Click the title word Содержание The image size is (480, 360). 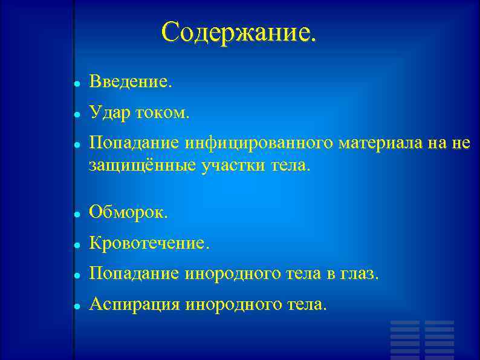tap(238, 33)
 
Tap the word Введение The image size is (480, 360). tap(131, 80)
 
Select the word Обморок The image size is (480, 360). tap(129, 212)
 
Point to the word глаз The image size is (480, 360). tap(359, 275)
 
